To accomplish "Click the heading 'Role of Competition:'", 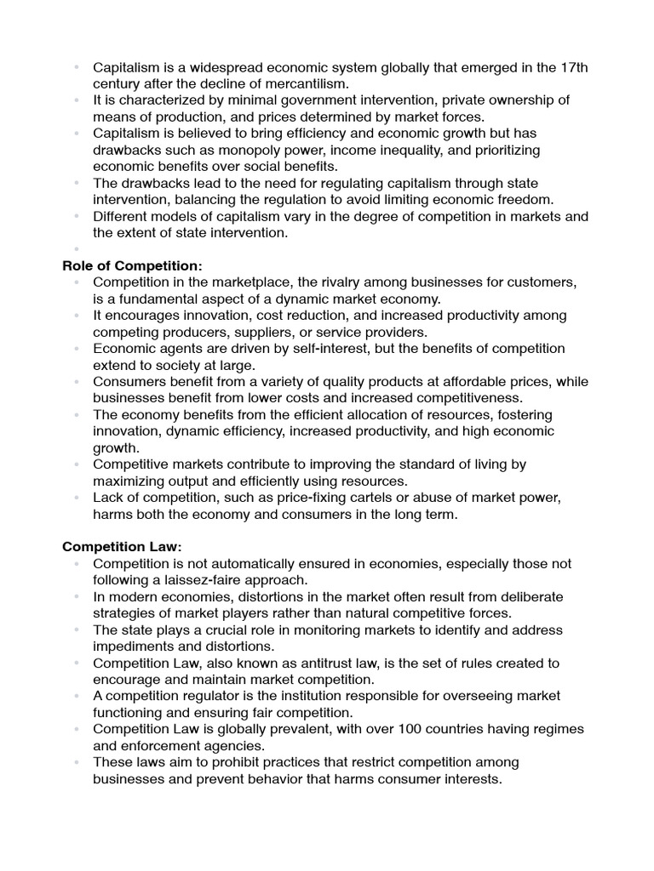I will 132,265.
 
